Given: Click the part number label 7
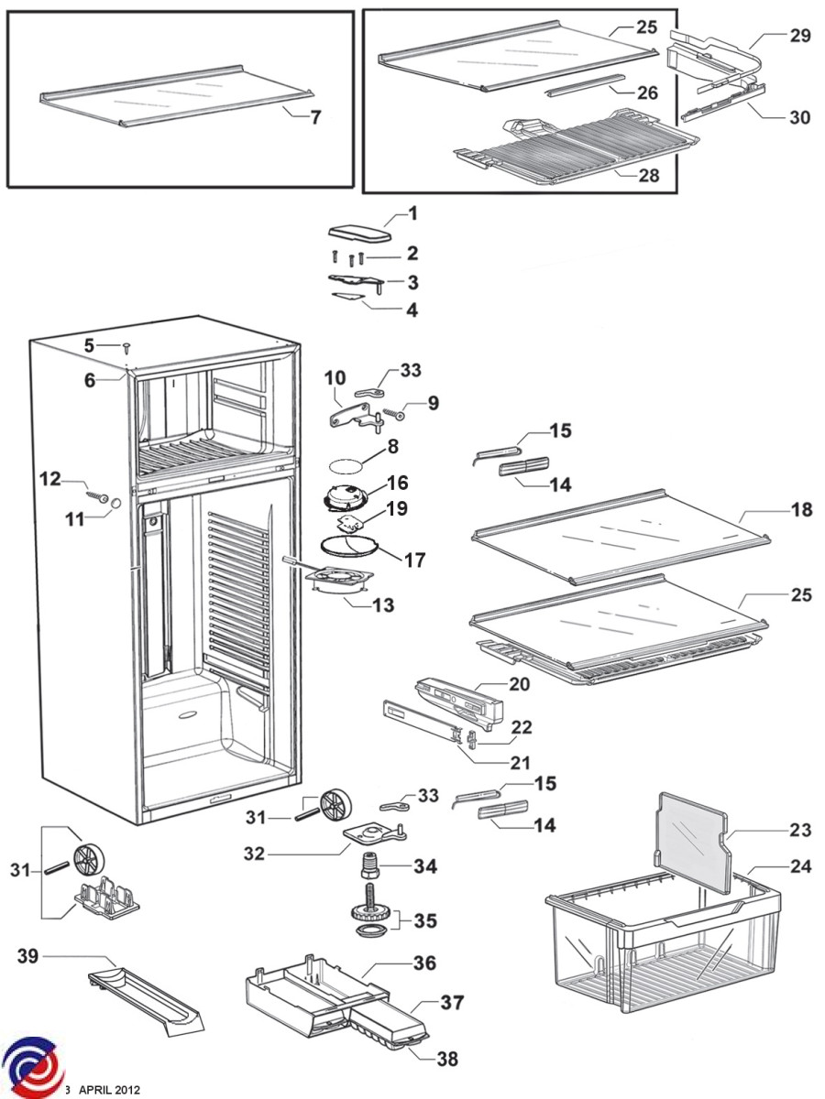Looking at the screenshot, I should pyautogui.click(x=315, y=117).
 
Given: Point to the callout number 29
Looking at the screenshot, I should pyautogui.click(x=799, y=36).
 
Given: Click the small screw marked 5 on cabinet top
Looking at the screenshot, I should pyautogui.click(x=126, y=347).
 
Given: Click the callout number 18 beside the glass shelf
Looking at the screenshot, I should pyautogui.click(x=801, y=510).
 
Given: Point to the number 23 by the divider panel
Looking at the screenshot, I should pyautogui.click(x=800, y=831).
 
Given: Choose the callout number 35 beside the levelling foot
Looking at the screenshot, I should pyautogui.click(x=426, y=919).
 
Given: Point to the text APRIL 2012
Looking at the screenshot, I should pyautogui.click(x=109, y=1090).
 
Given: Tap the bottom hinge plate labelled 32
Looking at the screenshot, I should pyautogui.click(x=370, y=837).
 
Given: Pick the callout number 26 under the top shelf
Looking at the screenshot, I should pyautogui.click(x=647, y=92).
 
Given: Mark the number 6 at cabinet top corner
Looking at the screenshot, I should pyautogui.click(x=90, y=380).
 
